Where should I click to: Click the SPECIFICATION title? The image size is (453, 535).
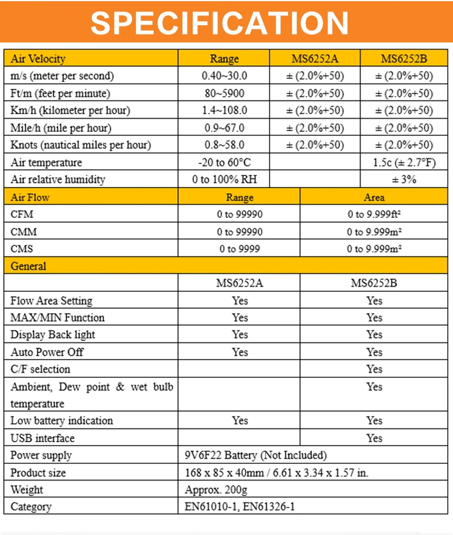point(220,22)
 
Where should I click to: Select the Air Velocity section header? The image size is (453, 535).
point(38,58)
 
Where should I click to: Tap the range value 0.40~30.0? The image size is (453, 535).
point(225,76)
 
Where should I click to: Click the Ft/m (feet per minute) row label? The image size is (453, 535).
point(60,93)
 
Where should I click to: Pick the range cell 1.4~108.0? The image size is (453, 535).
point(225,110)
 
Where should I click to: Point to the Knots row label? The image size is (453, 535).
point(80,145)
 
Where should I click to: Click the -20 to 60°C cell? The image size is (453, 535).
point(225,162)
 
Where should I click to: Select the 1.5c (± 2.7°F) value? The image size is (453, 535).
point(404,162)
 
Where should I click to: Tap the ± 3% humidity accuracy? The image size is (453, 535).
point(404,179)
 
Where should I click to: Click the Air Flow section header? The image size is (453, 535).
point(30,197)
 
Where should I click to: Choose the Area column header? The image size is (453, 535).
point(374,197)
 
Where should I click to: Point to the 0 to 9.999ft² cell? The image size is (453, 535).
point(374,214)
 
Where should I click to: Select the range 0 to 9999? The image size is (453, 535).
point(240,249)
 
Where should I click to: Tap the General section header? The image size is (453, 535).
point(29,266)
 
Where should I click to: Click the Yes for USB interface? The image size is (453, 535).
point(374,438)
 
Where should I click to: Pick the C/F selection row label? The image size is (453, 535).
point(40,369)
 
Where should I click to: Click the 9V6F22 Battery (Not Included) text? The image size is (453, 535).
point(256,455)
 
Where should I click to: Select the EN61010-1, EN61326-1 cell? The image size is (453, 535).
point(240,507)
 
